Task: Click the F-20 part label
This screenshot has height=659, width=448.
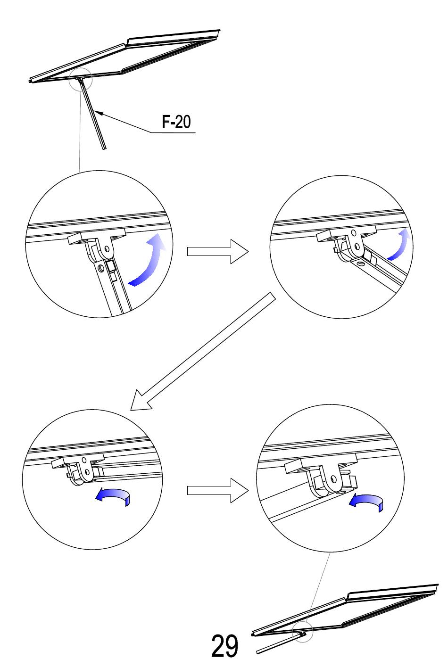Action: tap(176, 122)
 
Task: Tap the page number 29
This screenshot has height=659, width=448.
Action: tap(224, 645)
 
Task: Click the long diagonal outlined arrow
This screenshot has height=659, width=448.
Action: tap(203, 351)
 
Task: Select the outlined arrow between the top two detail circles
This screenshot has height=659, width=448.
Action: tap(218, 252)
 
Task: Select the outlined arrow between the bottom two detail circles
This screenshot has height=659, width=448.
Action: tap(218, 490)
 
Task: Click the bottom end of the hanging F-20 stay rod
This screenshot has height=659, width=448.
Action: tap(104, 149)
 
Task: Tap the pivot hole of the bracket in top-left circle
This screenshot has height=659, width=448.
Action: tap(107, 249)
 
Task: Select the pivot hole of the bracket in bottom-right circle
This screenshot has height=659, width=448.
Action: tap(333, 479)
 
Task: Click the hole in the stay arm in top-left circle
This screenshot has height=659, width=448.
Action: tap(101, 268)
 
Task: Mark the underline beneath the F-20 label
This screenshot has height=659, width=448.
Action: tap(174, 132)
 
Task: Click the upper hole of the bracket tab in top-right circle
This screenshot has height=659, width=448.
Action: tap(353, 232)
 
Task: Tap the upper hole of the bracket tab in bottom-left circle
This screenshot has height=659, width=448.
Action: tap(84, 459)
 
